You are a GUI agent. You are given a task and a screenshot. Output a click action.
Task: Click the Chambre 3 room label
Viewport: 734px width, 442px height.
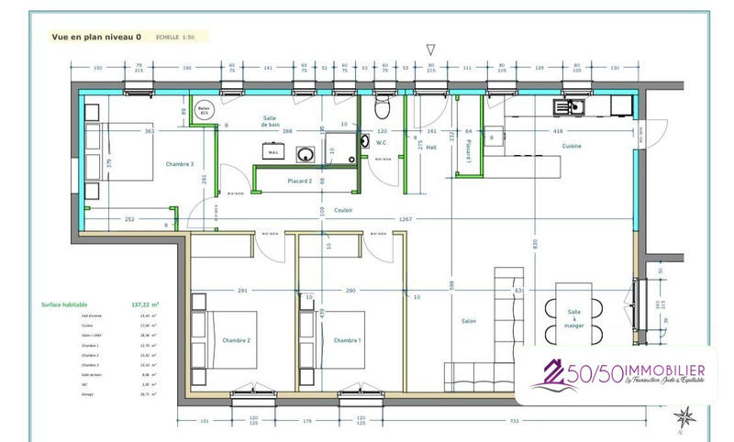pos(179,164)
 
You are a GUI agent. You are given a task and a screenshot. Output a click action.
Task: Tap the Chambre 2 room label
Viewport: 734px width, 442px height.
pos(237,340)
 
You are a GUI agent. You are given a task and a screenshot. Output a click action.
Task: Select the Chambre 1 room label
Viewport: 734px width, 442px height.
pos(347,340)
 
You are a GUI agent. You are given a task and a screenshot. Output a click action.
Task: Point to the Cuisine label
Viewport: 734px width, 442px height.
pos(572,146)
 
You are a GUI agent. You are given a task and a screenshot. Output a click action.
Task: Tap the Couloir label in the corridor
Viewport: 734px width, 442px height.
pos(344,210)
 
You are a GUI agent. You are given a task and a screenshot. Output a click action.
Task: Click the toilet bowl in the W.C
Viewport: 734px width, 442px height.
pos(384,109)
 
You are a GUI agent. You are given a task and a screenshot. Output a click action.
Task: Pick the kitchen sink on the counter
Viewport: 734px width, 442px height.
pos(565,106)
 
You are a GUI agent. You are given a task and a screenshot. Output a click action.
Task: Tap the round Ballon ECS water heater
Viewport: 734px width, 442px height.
pos(204,108)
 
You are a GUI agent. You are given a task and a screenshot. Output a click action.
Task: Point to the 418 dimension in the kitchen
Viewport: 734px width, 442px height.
pos(557,132)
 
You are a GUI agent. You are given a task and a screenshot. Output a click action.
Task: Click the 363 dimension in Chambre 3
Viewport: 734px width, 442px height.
pos(149,132)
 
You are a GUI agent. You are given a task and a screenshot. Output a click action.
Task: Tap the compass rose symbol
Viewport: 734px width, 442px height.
pos(683,419)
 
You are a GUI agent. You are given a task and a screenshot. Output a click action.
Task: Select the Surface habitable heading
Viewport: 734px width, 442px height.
pos(66,304)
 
